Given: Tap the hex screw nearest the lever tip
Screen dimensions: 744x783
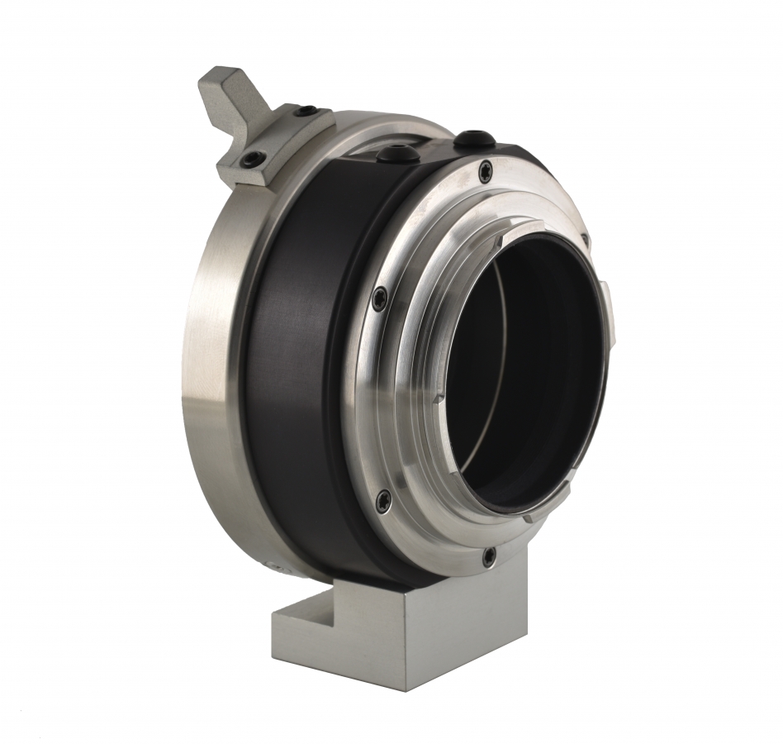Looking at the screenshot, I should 306,111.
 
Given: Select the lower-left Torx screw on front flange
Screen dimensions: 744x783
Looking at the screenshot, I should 382,498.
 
